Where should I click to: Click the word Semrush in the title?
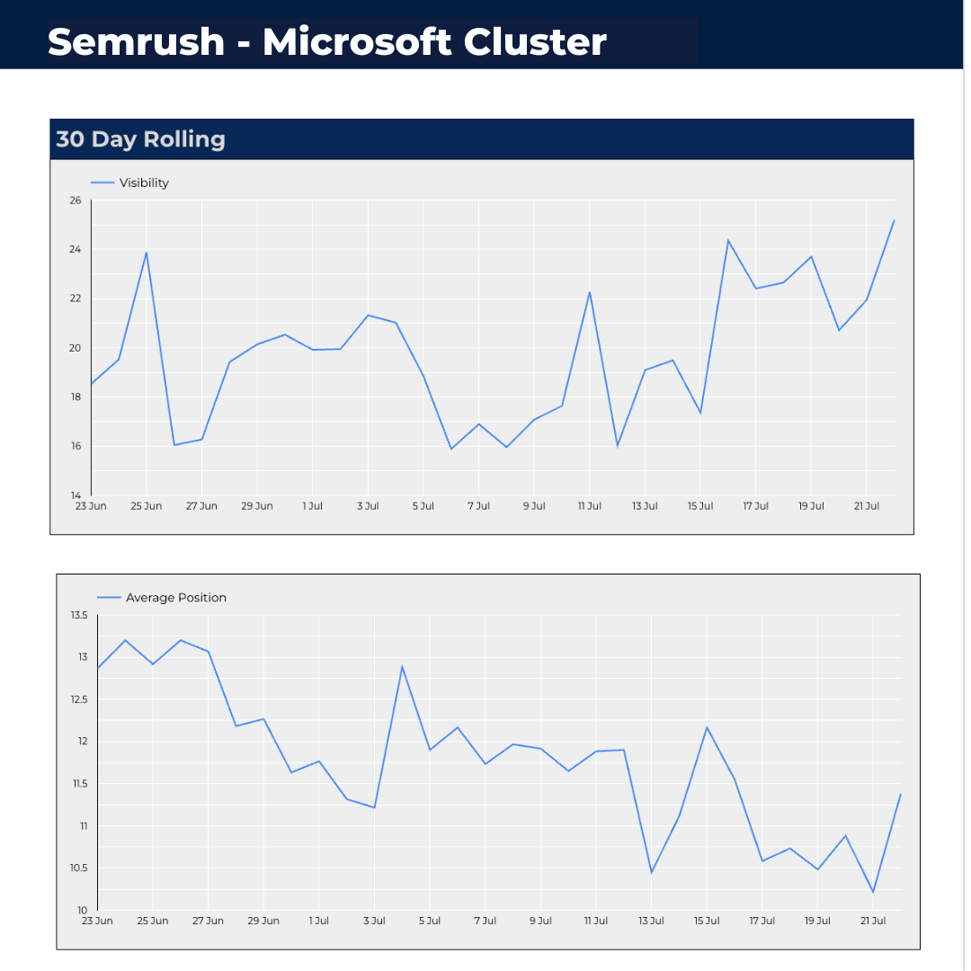click(136, 41)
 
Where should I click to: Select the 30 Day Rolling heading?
click(140, 139)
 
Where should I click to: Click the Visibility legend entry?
click(144, 183)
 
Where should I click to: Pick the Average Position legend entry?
click(175, 597)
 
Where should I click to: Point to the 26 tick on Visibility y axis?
click(75, 200)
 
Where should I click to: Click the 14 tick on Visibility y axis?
click(75, 495)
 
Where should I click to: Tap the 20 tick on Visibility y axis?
click(75, 348)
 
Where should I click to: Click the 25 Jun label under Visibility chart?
click(146, 506)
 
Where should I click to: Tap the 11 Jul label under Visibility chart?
click(589, 506)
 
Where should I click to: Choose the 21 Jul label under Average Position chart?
click(873, 921)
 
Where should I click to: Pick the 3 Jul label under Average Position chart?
click(374, 921)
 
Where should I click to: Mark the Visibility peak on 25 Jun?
click(146, 253)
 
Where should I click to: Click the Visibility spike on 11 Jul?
click(590, 292)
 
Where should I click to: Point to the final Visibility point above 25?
click(894, 220)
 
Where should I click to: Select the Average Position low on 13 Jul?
click(651, 872)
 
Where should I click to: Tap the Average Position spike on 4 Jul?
click(402, 666)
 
